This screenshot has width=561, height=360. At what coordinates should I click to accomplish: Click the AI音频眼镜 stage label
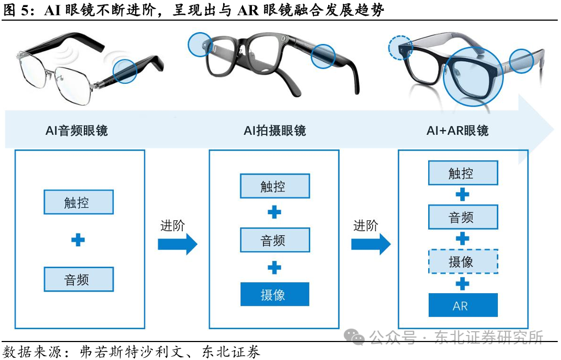point(77,131)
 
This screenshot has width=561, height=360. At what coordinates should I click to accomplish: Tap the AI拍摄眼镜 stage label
point(275,131)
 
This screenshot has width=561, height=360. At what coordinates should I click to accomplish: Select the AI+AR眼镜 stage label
point(458,131)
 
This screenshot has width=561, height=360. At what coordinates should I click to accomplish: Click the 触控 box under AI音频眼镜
point(78,202)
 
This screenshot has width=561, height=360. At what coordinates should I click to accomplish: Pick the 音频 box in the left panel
point(78,280)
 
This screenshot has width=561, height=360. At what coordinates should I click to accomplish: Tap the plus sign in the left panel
point(78,240)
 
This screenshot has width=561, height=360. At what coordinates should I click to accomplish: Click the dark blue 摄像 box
point(275,294)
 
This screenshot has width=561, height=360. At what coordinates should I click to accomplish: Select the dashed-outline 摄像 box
point(463,262)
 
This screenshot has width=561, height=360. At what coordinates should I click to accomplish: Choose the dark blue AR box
point(463,305)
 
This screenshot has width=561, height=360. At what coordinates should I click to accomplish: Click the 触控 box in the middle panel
point(275,186)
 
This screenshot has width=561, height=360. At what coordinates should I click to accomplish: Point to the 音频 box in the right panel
point(463,217)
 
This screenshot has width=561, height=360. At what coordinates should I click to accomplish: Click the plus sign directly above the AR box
point(463,283)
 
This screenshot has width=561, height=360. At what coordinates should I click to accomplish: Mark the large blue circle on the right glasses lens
point(471,76)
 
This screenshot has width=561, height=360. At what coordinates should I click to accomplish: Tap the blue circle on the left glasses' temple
point(125,71)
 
